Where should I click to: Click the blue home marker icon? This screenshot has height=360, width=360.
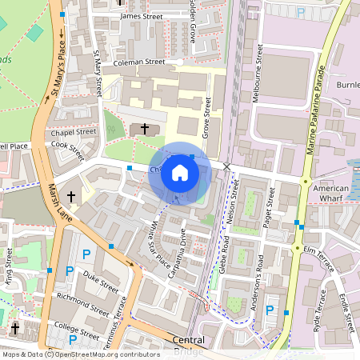click(x=180, y=172)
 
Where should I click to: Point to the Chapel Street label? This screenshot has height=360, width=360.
click(x=67, y=132)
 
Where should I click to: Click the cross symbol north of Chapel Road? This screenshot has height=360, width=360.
click(x=145, y=128)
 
